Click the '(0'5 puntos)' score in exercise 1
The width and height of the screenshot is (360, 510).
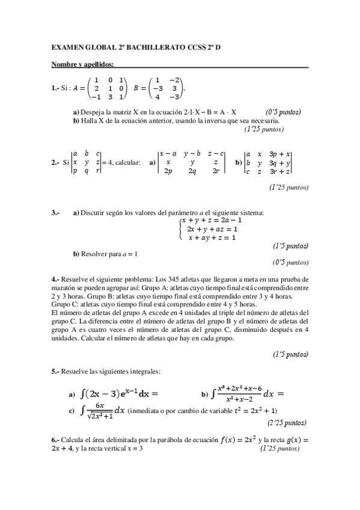pos(283,112)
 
